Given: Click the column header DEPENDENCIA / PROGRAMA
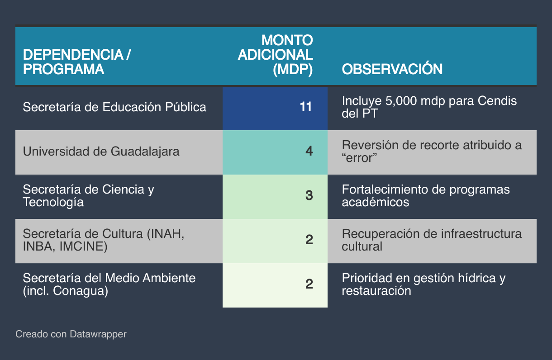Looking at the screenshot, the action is [77, 62].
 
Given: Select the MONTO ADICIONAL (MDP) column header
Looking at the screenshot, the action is [275, 55].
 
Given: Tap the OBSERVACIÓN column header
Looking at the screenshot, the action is [392, 69].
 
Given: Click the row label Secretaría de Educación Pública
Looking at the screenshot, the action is [114, 107].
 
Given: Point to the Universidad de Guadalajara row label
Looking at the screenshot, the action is [101, 152].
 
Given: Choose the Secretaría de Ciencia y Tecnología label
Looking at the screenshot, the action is [89, 196].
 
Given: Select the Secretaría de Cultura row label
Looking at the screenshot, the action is [104, 240].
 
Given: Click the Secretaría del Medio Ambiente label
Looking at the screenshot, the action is [109, 284].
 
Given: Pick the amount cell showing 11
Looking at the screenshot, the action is [306, 107].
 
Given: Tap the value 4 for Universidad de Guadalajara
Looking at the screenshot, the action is [309, 151].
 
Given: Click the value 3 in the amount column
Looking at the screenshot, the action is [309, 195].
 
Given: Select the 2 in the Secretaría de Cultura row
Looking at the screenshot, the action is [309, 240].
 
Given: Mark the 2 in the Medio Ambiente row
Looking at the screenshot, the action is [309, 284].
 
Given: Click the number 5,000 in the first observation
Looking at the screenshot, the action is [401, 101].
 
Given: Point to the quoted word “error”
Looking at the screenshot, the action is [359, 158].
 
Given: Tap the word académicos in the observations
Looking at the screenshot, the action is [375, 202].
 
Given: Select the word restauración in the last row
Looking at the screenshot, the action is [376, 291].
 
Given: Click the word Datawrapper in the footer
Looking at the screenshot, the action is [98, 334].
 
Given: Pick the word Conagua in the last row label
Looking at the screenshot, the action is [79, 291].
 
